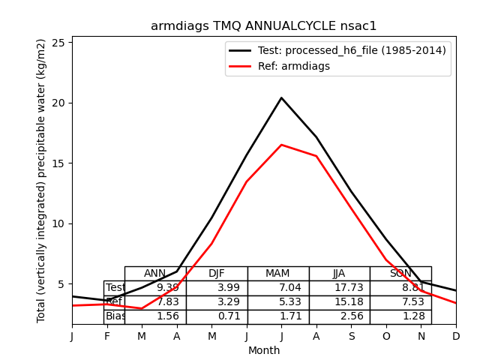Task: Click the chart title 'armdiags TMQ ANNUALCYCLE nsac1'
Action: click(x=263, y=26)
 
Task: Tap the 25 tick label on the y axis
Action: click(x=61, y=42)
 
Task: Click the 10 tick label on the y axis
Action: click(x=61, y=223)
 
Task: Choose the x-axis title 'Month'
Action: click(x=264, y=350)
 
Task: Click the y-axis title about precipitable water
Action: click(x=42, y=181)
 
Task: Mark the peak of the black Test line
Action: click(x=281, y=97)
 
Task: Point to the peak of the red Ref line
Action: click(x=281, y=145)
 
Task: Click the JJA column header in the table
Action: click(x=339, y=274)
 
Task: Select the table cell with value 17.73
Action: click(x=339, y=288)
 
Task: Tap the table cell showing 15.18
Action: click(x=339, y=302)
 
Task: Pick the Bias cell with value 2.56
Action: click(x=339, y=316)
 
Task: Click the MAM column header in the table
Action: click(x=277, y=274)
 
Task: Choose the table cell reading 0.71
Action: click(x=217, y=316)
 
